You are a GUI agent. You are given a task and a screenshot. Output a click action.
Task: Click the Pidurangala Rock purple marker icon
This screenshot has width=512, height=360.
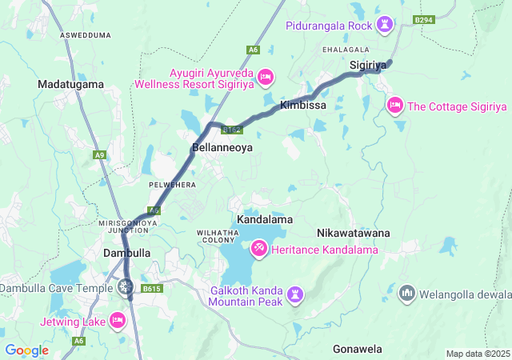(x=386, y=26)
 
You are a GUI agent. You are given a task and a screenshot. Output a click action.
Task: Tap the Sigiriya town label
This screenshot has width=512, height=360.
(x=368, y=64)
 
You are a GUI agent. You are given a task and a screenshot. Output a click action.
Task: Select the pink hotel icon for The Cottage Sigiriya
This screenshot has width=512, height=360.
(x=395, y=106)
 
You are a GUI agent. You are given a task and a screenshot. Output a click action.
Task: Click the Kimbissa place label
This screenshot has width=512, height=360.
(x=302, y=106)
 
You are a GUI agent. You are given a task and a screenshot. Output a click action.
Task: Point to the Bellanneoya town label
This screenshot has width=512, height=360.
(x=222, y=148)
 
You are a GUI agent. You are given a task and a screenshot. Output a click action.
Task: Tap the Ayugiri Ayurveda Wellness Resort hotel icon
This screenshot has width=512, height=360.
(x=266, y=78)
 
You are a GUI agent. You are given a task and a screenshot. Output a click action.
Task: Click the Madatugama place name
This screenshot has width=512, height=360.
(x=70, y=84)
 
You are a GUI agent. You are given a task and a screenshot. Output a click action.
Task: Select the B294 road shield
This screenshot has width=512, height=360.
(x=423, y=19)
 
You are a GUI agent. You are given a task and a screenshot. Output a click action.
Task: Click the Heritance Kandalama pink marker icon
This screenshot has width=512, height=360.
(x=259, y=250)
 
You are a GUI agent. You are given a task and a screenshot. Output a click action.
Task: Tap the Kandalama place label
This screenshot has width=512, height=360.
(x=265, y=219)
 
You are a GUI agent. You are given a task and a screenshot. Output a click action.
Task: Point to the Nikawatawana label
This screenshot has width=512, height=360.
(x=353, y=233)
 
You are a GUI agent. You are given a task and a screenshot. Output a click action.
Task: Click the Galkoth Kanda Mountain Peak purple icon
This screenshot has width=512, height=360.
(x=296, y=296)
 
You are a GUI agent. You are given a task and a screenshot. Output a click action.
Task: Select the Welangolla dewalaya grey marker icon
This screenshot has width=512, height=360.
(x=407, y=294)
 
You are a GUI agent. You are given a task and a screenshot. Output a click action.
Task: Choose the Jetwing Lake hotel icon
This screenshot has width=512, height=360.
(x=118, y=321)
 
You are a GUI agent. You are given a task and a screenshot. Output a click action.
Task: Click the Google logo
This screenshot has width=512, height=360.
(x=26, y=350)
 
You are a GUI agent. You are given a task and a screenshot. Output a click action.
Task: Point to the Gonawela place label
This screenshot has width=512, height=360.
(x=358, y=350)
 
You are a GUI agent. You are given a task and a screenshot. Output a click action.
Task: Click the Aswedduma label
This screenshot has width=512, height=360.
(x=86, y=36)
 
